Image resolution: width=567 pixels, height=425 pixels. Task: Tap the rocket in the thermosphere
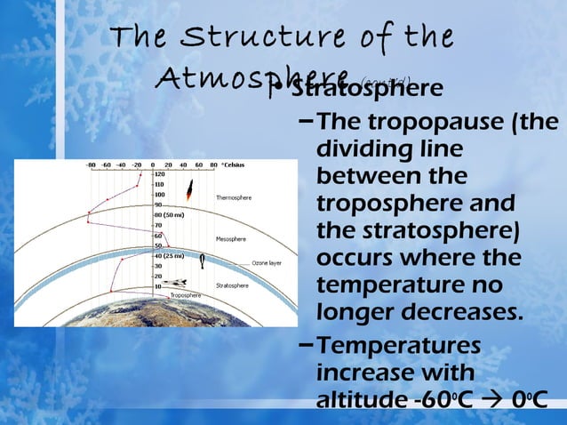(188, 188)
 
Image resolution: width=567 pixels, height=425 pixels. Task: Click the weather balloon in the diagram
(204, 259)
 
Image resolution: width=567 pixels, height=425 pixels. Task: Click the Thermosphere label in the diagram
(234, 196)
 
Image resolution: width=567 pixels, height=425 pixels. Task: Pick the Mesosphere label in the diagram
(231, 238)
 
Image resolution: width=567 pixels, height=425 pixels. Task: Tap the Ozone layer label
(267, 263)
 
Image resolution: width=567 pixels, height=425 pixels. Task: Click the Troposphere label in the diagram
(186, 294)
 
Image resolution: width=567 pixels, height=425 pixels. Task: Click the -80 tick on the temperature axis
(90, 164)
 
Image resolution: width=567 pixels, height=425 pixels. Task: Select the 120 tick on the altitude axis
(160, 175)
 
